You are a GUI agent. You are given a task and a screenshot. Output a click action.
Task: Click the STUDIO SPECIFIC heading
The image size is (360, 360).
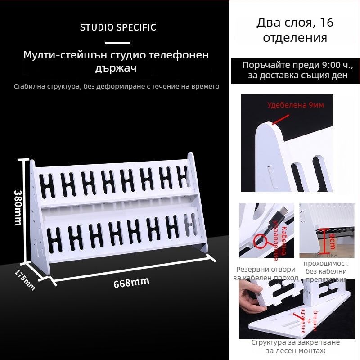click(118, 27)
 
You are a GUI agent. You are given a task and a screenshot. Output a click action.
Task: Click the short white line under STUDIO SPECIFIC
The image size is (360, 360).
click(117, 43)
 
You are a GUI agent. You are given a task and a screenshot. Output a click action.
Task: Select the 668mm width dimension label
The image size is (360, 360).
click(131, 283)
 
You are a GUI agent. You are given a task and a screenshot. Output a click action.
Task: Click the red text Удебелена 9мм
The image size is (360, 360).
click(295, 105)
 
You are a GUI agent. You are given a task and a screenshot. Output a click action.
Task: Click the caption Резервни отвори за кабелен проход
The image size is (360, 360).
click(266, 274)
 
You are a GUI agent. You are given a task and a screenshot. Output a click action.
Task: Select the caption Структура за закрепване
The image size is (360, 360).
click(295, 342)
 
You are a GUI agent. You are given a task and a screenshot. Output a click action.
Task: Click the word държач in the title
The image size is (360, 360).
click(116, 69)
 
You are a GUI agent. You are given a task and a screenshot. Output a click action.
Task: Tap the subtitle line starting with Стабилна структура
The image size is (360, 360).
click(117, 86)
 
